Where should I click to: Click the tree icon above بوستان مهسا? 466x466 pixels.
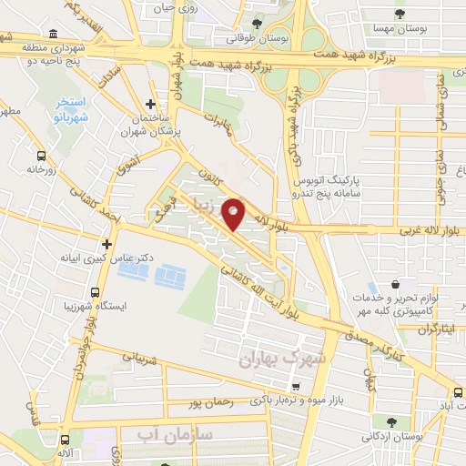[400, 14]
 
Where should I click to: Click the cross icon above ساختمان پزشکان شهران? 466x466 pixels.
[151, 105]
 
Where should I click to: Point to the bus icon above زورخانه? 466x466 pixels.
[39, 155]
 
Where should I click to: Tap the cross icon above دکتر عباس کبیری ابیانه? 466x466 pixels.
[108, 244]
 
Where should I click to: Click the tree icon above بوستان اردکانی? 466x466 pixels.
[390, 421]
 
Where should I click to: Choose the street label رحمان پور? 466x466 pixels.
[206, 401]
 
